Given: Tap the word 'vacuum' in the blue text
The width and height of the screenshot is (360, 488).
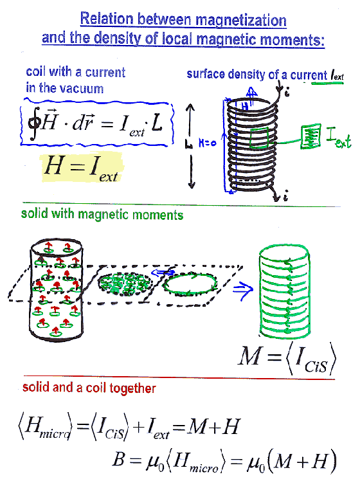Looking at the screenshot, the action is coord(84,88).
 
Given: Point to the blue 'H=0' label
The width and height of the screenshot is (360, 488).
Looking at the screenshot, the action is coord(207,143).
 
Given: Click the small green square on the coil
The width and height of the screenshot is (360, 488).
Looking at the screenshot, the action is coord(259,138).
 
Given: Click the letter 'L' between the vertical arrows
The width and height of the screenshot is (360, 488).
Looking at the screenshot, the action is coord(189,144).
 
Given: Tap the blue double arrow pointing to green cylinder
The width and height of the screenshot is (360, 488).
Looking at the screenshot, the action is coord(243,290).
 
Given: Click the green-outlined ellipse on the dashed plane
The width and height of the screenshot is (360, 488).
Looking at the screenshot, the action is coord(190,284).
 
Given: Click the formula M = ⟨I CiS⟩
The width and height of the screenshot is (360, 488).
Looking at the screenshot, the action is coord(287,359).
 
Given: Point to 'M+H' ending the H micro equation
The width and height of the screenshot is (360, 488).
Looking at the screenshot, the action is coord(214,426).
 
